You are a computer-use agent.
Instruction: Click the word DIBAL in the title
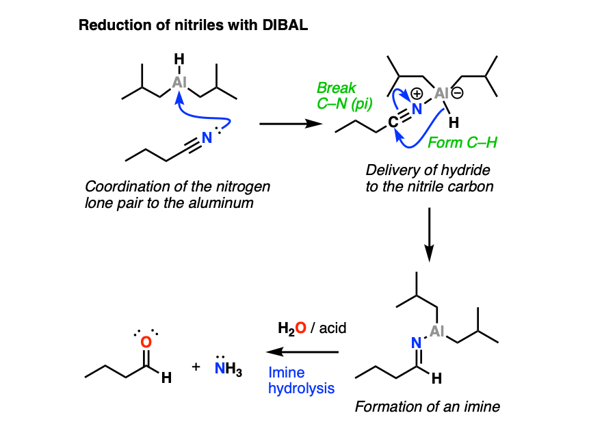pos(285,25)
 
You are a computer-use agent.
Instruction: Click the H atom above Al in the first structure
pos(179,59)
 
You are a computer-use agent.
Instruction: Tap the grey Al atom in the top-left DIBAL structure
pos(179,82)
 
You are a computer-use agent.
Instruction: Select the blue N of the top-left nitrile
pos(207,137)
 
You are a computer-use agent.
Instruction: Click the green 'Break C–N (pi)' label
pos(344,96)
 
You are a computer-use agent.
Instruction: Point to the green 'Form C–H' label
pos(462,143)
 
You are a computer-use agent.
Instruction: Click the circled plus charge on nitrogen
pos(417,94)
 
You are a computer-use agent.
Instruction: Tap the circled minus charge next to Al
pos(458,93)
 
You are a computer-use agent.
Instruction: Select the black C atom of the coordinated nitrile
pos(393,122)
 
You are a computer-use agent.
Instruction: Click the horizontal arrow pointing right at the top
pos(291,124)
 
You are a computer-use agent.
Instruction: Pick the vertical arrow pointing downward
pos(429,235)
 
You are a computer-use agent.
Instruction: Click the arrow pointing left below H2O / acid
pos(302,352)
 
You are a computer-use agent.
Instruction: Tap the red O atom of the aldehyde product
pos(146,342)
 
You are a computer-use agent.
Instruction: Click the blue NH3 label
pos(228,369)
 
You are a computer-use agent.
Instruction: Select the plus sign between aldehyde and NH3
pos(196,367)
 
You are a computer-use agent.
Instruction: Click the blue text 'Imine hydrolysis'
pos(302,380)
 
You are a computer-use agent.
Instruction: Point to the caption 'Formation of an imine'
pos(428,407)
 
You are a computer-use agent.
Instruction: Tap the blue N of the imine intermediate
pos(416,343)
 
